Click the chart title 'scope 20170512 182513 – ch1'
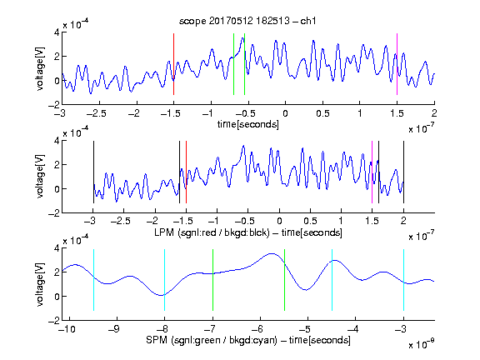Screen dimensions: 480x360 coord(247,21)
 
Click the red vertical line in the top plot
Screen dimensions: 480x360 coord(173,64)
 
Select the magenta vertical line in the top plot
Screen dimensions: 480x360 coord(397,64)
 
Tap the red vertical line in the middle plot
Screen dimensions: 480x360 coord(186,172)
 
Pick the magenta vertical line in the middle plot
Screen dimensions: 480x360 coord(372,172)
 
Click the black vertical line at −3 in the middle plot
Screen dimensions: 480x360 coord(93,172)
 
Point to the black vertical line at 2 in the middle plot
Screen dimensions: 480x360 coord(403,172)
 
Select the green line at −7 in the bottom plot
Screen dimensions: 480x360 coord(212,280)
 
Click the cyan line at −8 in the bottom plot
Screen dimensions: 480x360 coord(165,280)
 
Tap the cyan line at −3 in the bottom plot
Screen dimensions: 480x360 coord(403,280)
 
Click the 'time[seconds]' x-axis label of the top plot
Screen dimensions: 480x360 coord(248,124)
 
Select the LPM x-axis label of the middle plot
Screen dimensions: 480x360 coord(248,232)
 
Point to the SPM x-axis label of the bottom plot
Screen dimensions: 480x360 coord(248,340)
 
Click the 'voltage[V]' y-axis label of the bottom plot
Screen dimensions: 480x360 coord(40,284)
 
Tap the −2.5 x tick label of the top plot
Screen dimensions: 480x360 coord(97,113)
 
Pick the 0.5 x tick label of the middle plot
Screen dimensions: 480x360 coord(310,221)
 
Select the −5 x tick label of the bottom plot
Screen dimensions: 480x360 coord(305,329)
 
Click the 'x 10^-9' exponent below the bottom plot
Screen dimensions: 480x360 coord(422,344)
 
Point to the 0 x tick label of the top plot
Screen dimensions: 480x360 coord(285,113)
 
